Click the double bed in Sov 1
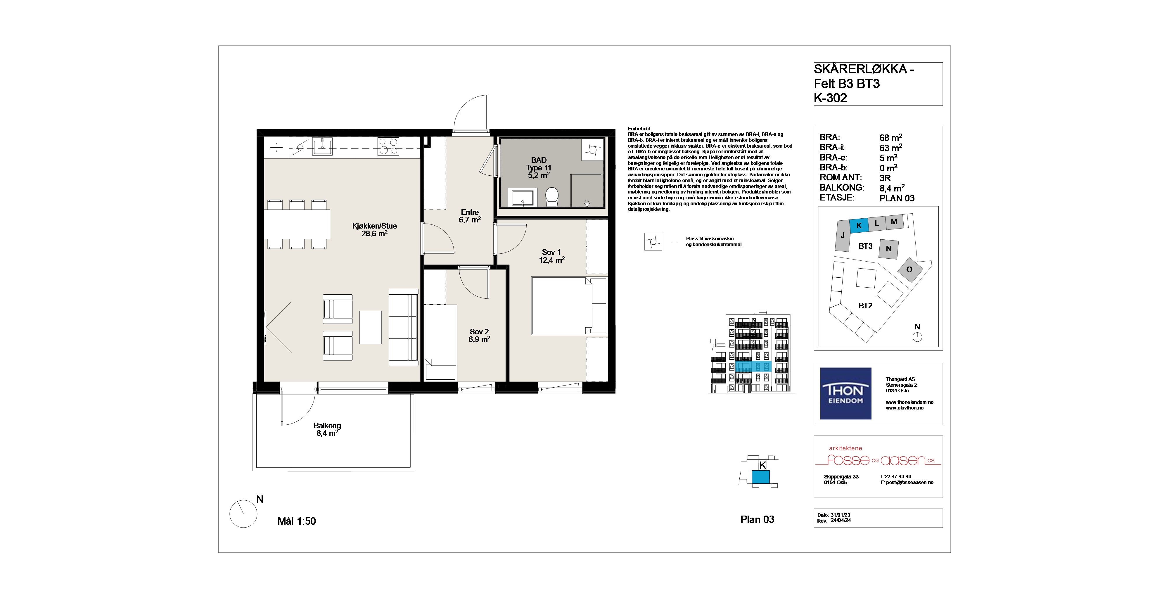pos(569,306)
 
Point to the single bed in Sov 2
pos(440,343)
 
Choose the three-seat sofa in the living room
pos(403,327)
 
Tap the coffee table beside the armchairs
pos(371,327)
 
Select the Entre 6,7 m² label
pos(470,216)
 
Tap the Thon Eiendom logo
pos(845,393)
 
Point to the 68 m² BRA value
pos(890,137)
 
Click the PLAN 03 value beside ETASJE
pos(897,198)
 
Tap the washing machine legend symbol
pos(653,242)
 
